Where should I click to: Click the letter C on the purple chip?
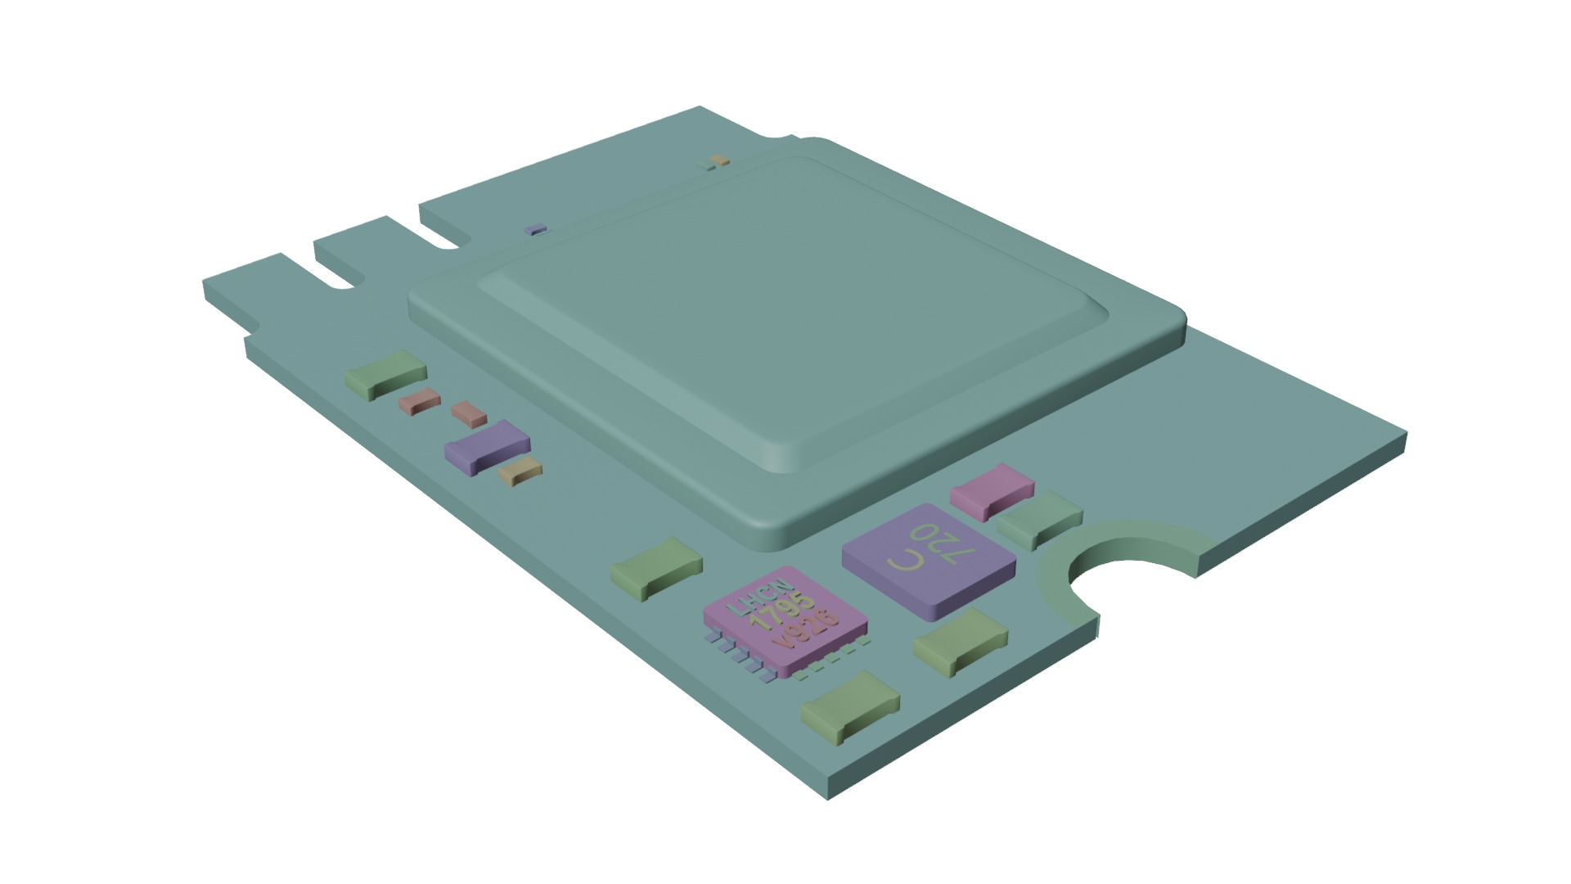coord(906,562)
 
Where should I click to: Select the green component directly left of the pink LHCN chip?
coord(657,568)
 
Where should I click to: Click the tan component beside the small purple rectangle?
coord(520,472)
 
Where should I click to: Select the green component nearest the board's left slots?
coord(385,374)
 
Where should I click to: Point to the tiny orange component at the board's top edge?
coord(719,159)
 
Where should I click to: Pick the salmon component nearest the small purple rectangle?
coord(470,413)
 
